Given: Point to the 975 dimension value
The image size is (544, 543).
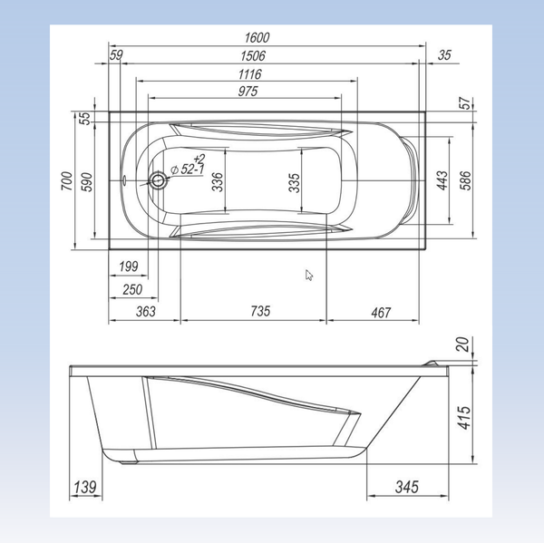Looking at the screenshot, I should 248,91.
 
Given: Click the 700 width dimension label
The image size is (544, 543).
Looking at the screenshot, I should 66,180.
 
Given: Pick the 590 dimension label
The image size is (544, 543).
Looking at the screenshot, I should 87,180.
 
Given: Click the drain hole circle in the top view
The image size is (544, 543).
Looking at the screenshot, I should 159,180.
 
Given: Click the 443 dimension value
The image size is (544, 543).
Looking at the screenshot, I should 442,180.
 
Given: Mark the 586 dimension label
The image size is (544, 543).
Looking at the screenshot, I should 465,180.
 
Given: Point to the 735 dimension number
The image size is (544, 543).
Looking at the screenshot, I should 259,312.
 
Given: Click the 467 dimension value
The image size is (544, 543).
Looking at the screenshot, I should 380,312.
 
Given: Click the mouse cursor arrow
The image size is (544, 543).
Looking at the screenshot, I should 309,275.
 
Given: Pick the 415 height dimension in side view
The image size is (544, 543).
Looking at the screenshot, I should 464,416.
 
